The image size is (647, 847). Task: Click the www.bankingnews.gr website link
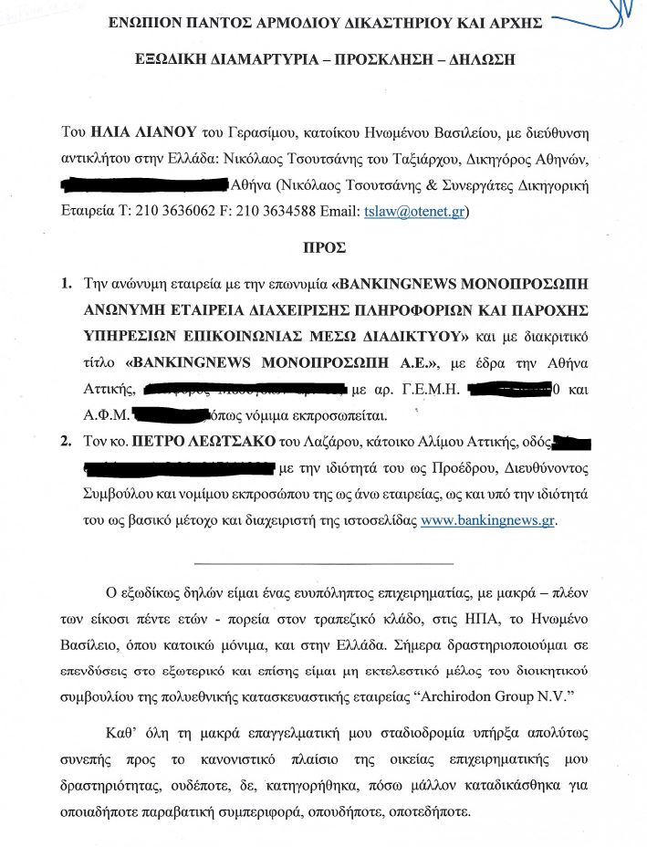(487, 521)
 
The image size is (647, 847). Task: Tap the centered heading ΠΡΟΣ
(323, 247)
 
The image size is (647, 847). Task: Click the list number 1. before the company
(67, 284)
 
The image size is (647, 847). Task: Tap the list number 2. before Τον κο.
(67, 443)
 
